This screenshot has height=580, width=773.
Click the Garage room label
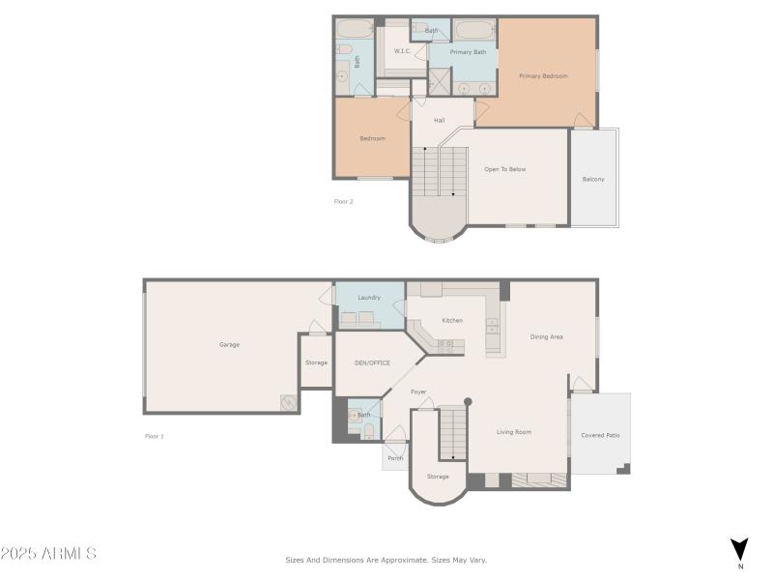tap(229, 344)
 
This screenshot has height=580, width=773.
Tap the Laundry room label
tap(368, 298)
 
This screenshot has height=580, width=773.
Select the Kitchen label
tap(452, 320)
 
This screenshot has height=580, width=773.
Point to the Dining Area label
tap(546, 336)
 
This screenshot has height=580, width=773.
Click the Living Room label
tap(514, 432)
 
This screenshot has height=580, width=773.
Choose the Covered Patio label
tap(600, 435)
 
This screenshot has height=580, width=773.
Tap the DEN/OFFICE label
tap(371, 362)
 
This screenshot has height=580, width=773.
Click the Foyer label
tap(418, 391)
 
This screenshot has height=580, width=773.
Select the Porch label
tap(395, 458)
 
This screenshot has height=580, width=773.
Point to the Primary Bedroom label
tap(543, 75)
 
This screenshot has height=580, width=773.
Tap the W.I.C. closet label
tap(402, 51)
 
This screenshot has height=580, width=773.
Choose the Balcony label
tap(593, 179)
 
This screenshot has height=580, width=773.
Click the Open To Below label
tap(504, 169)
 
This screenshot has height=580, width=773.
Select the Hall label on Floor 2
tap(439, 121)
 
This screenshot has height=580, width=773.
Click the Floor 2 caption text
tap(344, 201)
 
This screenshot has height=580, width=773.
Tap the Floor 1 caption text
tap(155, 436)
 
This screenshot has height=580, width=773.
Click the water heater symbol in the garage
tap(288, 402)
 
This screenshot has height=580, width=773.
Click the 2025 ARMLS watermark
tap(48, 554)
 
